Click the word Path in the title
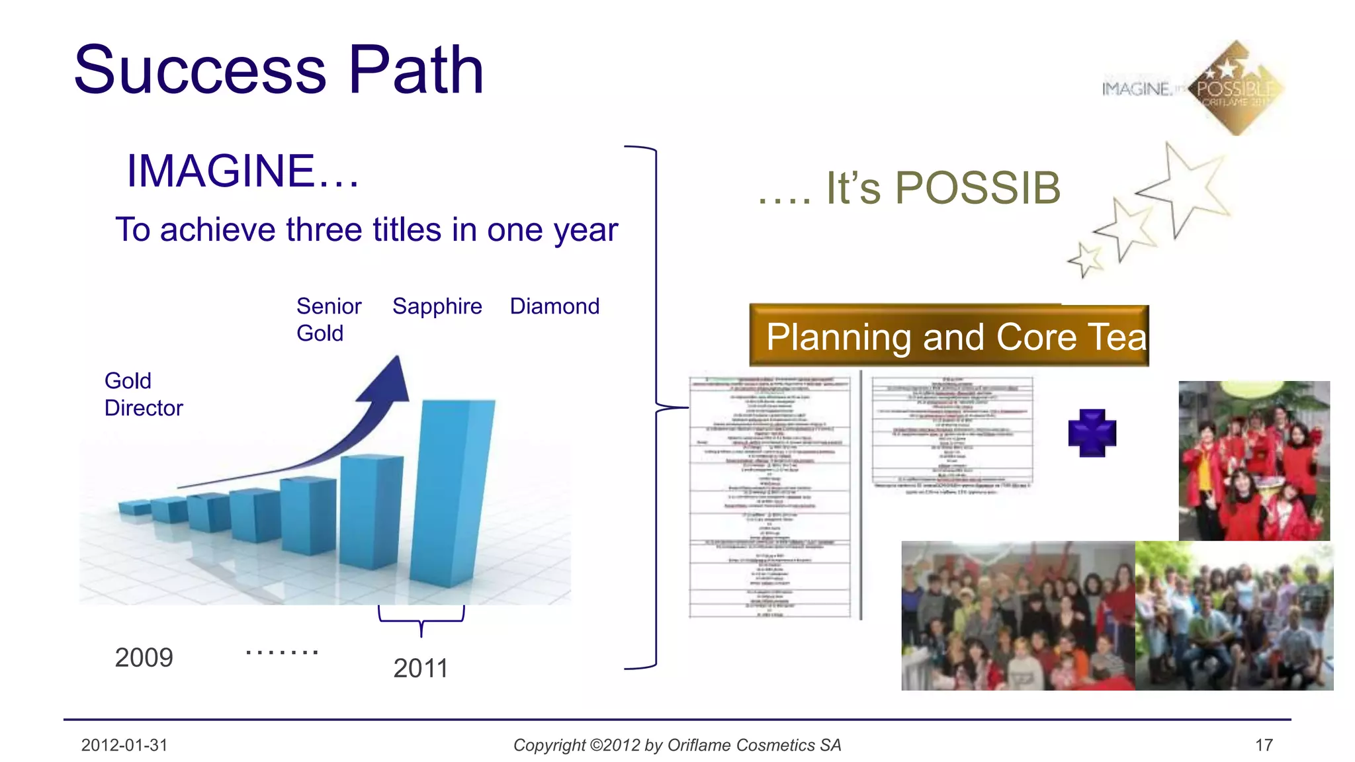[416, 70]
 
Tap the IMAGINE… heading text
[242, 171]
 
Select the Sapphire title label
[437, 306]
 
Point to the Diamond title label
[554, 306]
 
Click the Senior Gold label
[328, 319]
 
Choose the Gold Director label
[143, 394]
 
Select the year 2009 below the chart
[144, 657]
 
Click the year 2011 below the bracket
[421, 668]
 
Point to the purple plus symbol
[1092, 433]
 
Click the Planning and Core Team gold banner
[949, 336]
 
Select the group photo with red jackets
[1254, 461]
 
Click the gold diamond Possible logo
[1235, 88]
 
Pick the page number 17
[1264, 745]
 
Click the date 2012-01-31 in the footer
[124, 745]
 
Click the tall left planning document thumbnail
[769, 497]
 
